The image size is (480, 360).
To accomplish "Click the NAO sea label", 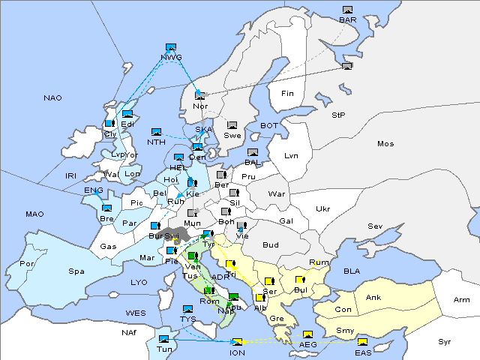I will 52,98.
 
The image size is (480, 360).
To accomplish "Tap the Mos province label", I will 385,143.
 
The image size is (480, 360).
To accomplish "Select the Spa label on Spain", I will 76,271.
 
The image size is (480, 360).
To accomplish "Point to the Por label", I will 27,264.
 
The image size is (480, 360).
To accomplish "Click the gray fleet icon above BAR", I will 347,10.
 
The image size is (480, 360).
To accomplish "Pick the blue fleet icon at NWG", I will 170,47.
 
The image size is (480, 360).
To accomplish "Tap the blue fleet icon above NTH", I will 156,132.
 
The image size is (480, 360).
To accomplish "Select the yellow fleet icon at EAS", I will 362,343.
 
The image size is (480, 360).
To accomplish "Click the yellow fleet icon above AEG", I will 307,334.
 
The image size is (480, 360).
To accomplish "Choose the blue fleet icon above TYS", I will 187,309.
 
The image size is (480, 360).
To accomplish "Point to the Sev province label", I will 373,226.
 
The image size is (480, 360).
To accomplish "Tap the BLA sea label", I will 352,271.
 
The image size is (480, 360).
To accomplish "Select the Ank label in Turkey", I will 373,298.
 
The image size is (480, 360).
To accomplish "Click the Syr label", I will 445,341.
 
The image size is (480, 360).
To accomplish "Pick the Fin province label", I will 286,94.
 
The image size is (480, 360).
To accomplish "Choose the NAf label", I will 130,332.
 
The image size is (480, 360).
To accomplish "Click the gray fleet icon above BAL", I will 253,153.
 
